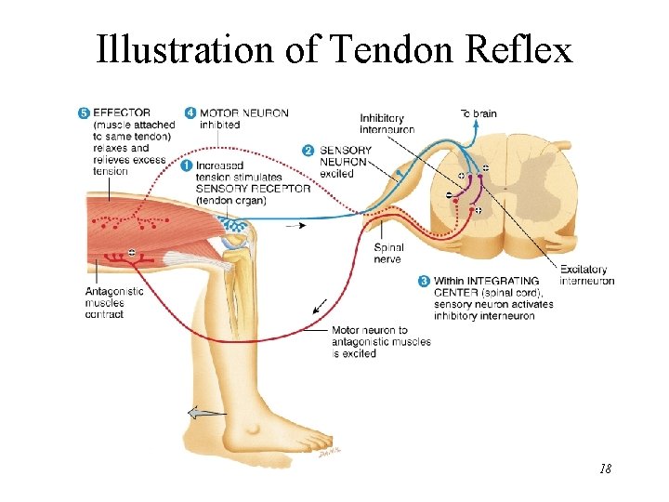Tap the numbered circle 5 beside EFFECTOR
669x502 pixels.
pos(85,113)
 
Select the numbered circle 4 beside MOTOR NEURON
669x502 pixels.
pos(190,113)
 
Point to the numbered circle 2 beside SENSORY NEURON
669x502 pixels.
pos(308,151)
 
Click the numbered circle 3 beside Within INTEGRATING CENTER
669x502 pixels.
pos(425,281)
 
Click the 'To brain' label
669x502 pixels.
pos(479,113)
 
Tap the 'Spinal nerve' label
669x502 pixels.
pos(387,253)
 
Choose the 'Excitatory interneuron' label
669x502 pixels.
pos(586,275)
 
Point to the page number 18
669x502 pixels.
pos(605,469)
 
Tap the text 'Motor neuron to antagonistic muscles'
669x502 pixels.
pos(381,336)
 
